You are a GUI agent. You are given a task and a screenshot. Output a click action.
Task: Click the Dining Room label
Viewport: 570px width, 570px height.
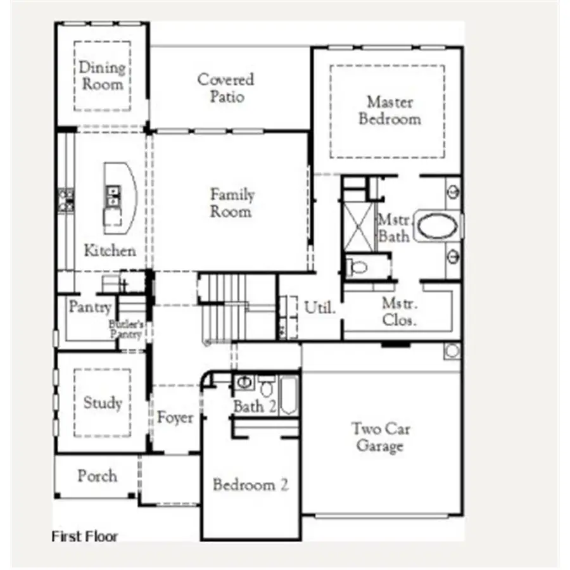[x=101, y=75]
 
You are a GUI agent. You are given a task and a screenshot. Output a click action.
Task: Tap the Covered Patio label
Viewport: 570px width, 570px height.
[x=226, y=88]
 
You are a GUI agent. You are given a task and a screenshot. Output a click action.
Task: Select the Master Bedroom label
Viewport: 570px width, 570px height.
[x=389, y=110]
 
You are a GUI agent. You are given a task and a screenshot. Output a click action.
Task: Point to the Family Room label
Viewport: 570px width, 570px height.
[x=232, y=203]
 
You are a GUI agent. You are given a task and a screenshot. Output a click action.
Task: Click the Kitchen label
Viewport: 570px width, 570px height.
[x=110, y=250]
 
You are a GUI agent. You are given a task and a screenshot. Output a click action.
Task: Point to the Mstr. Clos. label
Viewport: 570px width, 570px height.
[x=400, y=312]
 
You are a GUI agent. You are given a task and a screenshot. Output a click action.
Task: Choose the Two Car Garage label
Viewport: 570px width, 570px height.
[x=380, y=437]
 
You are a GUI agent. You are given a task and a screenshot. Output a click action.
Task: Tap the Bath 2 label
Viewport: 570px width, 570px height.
[x=255, y=406]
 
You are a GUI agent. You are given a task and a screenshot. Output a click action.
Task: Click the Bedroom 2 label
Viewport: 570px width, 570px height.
[x=250, y=485]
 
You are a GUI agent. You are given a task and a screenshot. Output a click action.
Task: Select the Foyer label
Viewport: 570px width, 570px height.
[x=175, y=418]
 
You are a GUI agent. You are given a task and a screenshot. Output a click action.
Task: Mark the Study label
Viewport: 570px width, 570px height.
[x=102, y=402]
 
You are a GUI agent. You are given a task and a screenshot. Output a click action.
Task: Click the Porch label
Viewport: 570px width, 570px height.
[x=97, y=475]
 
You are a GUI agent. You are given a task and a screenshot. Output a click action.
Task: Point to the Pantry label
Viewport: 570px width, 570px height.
[x=90, y=308]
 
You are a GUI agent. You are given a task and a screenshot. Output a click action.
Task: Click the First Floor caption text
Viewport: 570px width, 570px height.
[x=84, y=536]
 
